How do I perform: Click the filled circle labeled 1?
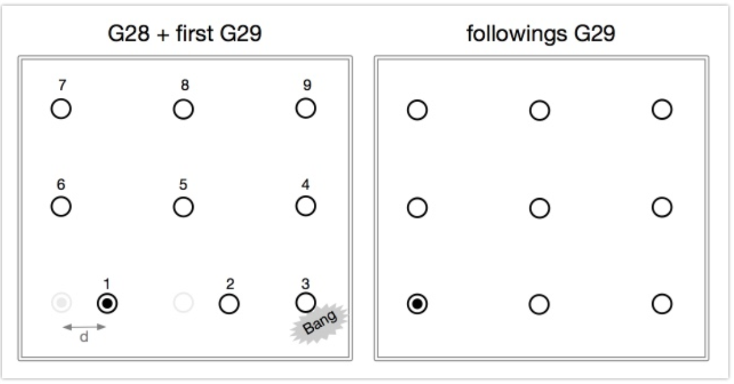[107, 303]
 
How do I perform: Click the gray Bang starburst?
[319, 323]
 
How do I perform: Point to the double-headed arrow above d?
[84, 327]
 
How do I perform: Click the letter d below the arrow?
[84, 337]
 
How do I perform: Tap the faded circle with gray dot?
[62, 303]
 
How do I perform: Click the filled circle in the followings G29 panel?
[417, 304]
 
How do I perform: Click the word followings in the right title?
[516, 34]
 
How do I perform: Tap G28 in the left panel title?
[128, 34]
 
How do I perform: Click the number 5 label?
[183, 185]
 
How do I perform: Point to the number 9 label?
[307, 85]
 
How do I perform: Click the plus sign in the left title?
[163, 34]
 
